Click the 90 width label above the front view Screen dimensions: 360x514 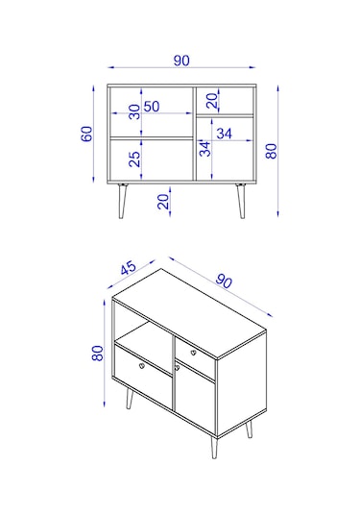pyautogui.click(x=181, y=61)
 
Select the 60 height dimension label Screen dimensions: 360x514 pyautogui.click(x=86, y=134)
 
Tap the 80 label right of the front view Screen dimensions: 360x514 pyautogui.click(x=272, y=151)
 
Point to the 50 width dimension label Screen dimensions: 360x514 pyautogui.click(x=152, y=107)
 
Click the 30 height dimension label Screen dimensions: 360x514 pyautogui.click(x=134, y=111)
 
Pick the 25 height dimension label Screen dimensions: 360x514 pyautogui.click(x=134, y=159)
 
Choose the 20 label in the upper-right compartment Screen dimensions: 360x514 pyautogui.click(x=212, y=101)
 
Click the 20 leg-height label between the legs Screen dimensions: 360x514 pyautogui.click(x=163, y=201)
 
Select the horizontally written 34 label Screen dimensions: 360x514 pyautogui.click(x=225, y=134)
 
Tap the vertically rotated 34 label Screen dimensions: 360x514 pyautogui.click(x=205, y=149)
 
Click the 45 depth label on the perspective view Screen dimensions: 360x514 pyautogui.click(x=128, y=268)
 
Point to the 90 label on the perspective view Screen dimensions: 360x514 pyautogui.click(x=224, y=281)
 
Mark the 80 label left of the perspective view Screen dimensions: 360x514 pyautogui.click(x=98, y=354)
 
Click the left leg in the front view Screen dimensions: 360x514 pyautogui.click(x=122, y=201)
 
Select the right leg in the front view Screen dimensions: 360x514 pyautogui.click(x=241, y=201)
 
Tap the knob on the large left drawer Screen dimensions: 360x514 pyautogui.click(x=142, y=365)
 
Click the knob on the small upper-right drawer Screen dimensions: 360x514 pyautogui.click(x=193, y=353)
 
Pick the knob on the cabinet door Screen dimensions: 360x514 pyautogui.click(x=178, y=368)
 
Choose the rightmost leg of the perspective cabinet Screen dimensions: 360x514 pyautogui.click(x=250, y=429)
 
